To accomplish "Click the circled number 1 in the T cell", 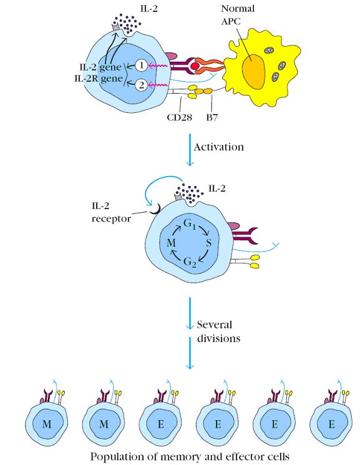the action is [x=142, y=66].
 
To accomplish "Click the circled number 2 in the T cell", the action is [x=142, y=86].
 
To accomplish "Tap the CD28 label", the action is [x=180, y=117].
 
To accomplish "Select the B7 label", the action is [x=212, y=117].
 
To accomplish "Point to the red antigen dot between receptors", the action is [x=195, y=66].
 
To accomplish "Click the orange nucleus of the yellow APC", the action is [x=253, y=72].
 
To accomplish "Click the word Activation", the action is [x=219, y=147].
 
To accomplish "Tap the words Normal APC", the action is [x=238, y=14].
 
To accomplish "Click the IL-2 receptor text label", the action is [x=111, y=212].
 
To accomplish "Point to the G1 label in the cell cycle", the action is [x=190, y=224].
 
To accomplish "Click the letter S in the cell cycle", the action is [x=209, y=243].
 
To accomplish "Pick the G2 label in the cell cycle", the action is [x=190, y=262].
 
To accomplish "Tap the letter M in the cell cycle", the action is [x=172, y=243].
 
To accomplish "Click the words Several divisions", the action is [x=218, y=331].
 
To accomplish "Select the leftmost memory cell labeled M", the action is [x=47, y=423].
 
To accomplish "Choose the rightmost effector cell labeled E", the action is [x=331, y=423].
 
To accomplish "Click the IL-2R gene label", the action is [x=99, y=79].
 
